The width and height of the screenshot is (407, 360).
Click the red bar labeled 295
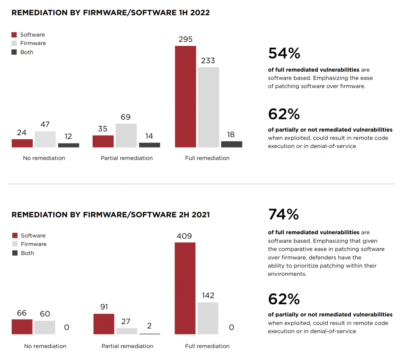(x=185, y=97)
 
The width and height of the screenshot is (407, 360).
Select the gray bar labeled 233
(x=208, y=107)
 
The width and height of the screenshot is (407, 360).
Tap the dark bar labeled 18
(x=232, y=144)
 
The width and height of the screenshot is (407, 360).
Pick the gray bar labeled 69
(x=126, y=136)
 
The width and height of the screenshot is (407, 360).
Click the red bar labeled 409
(x=185, y=288)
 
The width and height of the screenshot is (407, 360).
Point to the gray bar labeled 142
(x=208, y=318)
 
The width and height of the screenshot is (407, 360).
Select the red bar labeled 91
(x=104, y=324)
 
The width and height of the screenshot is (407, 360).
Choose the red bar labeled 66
(x=22, y=327)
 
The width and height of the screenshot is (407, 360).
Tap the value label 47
(x=45, y=125)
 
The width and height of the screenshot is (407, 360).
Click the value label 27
(x=126, y=321)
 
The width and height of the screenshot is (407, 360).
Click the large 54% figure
(x=284, y=53)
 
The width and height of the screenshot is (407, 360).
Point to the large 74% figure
(x=284, y=214)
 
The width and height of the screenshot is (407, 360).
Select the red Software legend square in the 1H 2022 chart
(x=14, y=35)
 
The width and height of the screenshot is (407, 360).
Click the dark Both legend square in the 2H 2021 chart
(x=15, y=253)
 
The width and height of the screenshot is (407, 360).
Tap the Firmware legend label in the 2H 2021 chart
(x=34, y=244)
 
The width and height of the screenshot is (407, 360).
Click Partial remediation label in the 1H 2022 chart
(x=127, y=158)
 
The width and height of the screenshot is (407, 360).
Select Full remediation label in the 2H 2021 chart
(x=207, y=346)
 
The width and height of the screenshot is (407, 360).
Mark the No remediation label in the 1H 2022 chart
(x=44, y=158)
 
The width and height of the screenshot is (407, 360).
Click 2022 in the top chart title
(x=200, y=13)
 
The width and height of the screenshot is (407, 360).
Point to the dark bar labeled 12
(x=68, y=146)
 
